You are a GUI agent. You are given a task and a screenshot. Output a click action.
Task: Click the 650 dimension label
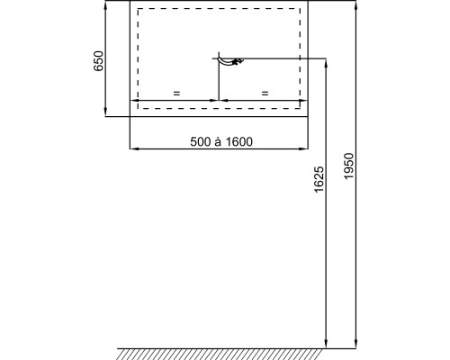[x=98, y=61]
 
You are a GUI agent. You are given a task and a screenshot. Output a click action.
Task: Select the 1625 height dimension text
[x=319, y=179]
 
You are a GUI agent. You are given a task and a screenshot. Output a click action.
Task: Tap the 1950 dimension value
[x=349, y=166]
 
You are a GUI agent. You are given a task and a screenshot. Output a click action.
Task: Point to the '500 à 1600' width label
[x=221, y=141]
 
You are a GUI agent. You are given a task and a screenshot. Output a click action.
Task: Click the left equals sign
[x=176, y=94]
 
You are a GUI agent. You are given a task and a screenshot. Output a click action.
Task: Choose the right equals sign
[x=265, y=94]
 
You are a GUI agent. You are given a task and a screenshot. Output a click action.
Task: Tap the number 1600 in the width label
[x=239, y=141]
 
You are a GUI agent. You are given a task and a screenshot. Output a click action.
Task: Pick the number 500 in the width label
[x=201, y=141]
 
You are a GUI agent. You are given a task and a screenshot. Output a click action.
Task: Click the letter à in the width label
[x=218, y=141]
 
